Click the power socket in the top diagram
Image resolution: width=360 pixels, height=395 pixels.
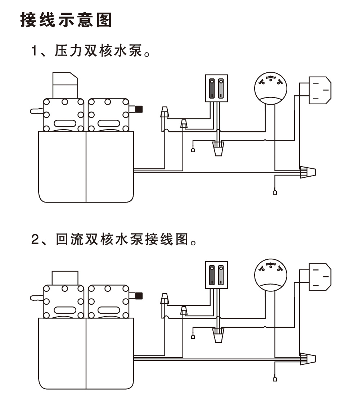(319, 90)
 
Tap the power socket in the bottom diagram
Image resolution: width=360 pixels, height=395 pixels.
(319, 277)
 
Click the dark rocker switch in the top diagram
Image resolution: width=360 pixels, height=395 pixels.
(212, 88)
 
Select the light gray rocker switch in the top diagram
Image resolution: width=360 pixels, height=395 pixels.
(221, 88)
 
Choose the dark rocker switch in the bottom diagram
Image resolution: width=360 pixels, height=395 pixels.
(212, 275)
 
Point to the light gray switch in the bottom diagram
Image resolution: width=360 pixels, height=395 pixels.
(221, 275)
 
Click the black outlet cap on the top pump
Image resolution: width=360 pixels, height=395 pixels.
(139, 109)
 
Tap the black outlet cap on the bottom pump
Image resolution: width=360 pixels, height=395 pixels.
(139, 296)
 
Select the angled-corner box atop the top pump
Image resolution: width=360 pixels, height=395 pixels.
(65, 85)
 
